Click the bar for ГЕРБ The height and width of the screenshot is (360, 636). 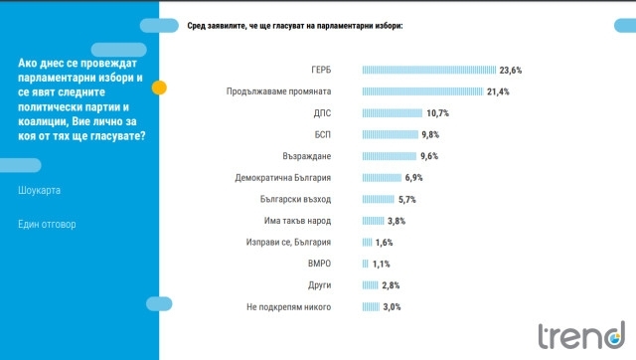(x=429, y=70)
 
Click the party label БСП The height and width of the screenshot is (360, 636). (x=322, y=134)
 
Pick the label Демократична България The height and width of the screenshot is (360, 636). (x=288, y=177)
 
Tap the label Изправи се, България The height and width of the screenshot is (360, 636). (x=288, y=242)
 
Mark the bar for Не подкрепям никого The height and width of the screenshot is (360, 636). (x=371, y=306)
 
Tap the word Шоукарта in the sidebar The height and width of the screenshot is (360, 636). (x=41, y=189)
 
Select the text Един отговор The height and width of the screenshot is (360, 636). (x=47, y=224)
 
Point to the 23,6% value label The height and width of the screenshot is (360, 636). (x=511, y=70)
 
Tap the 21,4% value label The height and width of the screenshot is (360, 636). (x=498, y=91)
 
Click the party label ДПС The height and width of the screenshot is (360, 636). (x=322, y=112)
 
